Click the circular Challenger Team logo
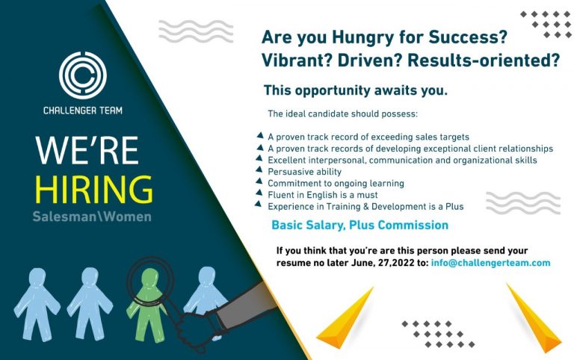point(83,75)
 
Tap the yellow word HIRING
point(93,189)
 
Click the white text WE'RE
point(87,150)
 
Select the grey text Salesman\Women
point(92,217)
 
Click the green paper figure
point(147,304)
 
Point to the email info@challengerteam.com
point(490,263)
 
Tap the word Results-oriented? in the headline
point(484,60)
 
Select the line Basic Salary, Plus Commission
point(359,225)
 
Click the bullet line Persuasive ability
point(305,172)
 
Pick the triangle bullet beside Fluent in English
point(259,193)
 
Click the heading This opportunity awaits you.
point(356,90)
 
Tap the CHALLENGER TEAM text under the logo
point(83,111)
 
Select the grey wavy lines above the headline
point(196,31)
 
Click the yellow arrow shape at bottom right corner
point(534,317)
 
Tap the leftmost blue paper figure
point(37,305)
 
